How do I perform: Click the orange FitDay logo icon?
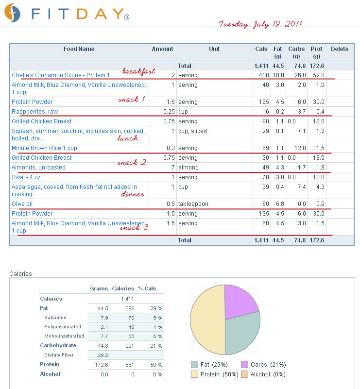pos(12,13)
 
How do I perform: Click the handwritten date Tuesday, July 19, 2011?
pos(260,24)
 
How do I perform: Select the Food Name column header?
pos(79,49)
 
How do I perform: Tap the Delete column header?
pos(340,49)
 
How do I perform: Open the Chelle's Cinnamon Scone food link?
pos(61,75)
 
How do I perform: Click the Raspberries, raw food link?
pos(34,112)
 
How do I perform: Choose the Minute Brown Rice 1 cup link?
pos(44,148)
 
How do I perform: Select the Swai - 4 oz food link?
pos(26,177)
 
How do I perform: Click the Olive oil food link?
pos(22,204)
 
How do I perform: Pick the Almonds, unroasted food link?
pos(38,168)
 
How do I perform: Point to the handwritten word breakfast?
pos(138,71)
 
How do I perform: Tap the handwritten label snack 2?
pos(132,163)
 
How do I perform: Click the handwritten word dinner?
pos(132,194)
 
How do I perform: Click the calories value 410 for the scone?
pos(264,75)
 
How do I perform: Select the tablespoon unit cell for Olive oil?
pos(193,204)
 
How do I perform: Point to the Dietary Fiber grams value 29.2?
pos(103,355)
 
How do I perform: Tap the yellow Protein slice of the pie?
pos(207,320)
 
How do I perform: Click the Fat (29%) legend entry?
pos(209,364)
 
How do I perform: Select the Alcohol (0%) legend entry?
pos(263,374)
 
